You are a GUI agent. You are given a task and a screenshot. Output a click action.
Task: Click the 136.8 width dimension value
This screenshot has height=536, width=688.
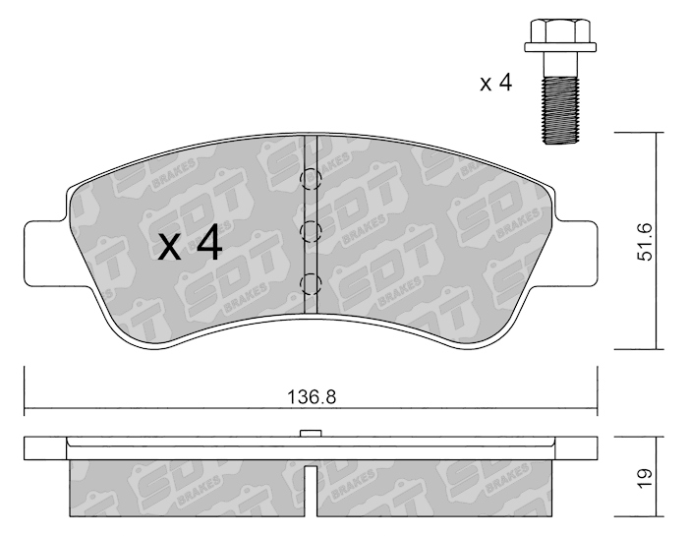pos(312,397)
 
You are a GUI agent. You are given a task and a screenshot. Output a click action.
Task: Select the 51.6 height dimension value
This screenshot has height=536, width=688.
pos(647,242)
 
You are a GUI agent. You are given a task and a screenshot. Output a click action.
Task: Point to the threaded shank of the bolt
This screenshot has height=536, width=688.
pos(560,110)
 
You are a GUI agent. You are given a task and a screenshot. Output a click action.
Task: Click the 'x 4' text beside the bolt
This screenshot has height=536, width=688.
pos(495,83)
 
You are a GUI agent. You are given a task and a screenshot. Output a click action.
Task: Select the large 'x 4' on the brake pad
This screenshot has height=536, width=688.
pos(190,245)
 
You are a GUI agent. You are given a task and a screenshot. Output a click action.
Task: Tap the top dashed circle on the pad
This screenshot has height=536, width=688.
pos(311,180)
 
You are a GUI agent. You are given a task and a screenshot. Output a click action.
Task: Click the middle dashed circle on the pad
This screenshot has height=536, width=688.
pos(311,231)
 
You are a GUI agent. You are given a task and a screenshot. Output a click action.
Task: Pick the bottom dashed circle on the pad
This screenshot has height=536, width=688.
pos(311,283)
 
